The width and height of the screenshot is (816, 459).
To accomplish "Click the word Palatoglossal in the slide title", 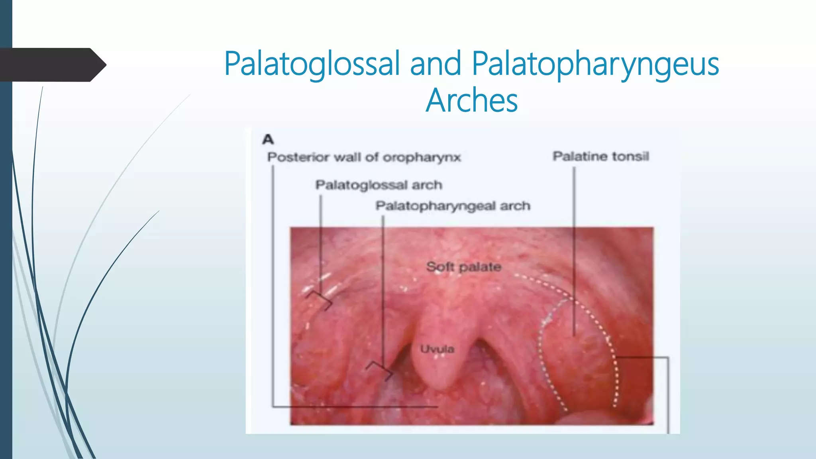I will click(x=312, y=64).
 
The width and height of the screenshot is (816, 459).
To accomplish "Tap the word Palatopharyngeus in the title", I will click(x=596, y=64).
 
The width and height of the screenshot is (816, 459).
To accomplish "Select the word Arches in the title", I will click(x=472, y=100).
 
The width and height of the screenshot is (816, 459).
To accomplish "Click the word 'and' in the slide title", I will click(x=435, y=64).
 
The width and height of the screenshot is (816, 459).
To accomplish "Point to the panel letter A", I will click(x=268, y=139).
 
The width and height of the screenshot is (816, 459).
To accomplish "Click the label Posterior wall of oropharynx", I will click(x=364, y=157).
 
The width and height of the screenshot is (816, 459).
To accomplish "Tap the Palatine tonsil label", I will click(x=601, y=156).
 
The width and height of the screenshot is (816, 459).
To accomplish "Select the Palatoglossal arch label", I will click(x=379, y=185).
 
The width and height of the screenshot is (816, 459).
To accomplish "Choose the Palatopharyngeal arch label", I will click(x=453, y=206).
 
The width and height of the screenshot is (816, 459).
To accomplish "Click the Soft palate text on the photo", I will click(x=463, y=267).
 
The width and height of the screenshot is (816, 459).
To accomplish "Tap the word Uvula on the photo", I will click(x=437, y=349).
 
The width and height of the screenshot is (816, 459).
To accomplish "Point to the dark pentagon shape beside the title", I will click(x=52, y=65).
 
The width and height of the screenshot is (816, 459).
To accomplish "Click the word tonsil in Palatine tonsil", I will click(x=631, y=156).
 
